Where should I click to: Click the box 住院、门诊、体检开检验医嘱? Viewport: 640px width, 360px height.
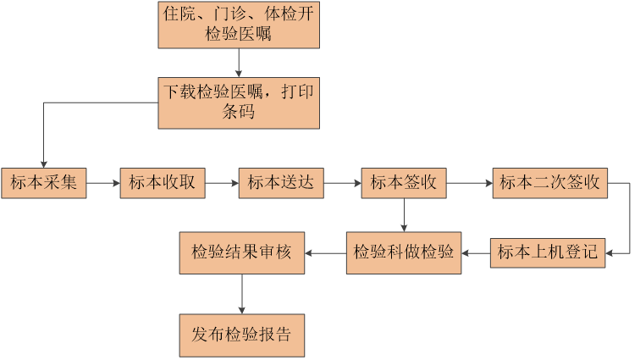[x=238, y=24]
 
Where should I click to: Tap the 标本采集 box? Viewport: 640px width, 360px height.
[x=44, y=183]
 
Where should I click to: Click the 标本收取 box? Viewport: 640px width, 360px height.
[x=163, y=183]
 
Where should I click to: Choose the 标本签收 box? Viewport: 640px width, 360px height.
[x=404, y=183]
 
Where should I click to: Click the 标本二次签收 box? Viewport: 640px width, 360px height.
[x=549, y=183]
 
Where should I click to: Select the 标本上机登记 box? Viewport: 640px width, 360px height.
[x=548, y=252]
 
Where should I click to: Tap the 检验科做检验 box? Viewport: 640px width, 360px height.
[x=404, y=252]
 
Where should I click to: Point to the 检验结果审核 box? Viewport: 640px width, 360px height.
[x=242, y=252]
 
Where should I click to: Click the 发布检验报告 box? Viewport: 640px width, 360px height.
[x=242, y=335]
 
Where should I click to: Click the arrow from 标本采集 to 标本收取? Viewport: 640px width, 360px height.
[x=103, y=183]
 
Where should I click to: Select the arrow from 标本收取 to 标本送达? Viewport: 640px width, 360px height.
[x=222, y=183]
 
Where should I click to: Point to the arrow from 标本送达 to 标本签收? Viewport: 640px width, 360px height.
[x=342, y=183]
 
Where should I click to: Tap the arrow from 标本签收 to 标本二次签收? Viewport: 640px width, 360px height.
[x=469, y=183]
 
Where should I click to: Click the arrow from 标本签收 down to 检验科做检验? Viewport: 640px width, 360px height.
[x=404, y=214]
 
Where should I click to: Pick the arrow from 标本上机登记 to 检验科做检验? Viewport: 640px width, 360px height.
[x=476, y=252]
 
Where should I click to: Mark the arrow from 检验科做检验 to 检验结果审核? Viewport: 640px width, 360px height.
[x=324, y=252]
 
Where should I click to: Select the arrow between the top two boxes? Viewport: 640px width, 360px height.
[x=239, y=63]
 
